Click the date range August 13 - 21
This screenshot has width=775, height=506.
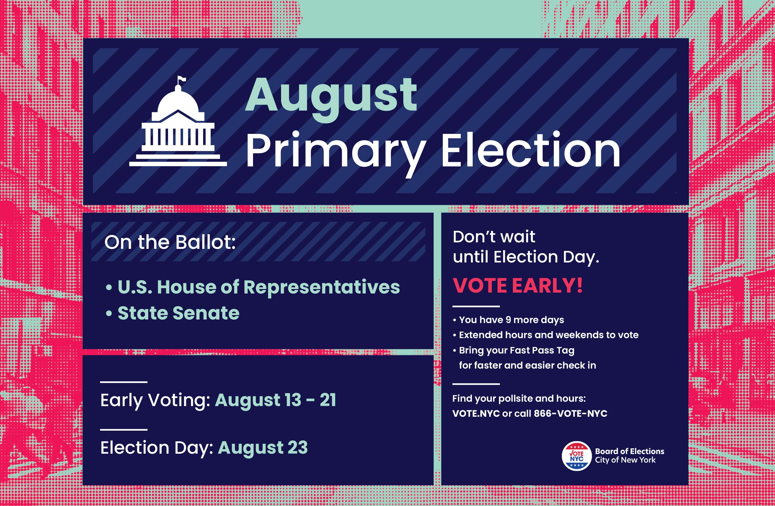[x=275, y=400]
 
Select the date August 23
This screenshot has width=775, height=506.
[x=263, y=447]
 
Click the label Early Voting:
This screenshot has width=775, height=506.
[x=155, y=400]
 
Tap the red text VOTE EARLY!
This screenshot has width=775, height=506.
[x=518, y=286]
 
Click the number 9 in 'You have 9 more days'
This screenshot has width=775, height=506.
[x=508, y=320]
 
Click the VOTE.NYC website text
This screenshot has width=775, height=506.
[x=476, y=413]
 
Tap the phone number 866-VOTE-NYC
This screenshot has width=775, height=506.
[x=570, y=413]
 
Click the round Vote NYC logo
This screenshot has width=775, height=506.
[x=577, y=456]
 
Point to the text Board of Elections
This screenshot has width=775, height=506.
[x=629, y=451]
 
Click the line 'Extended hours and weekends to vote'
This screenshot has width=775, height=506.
[x=549, y=335]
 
